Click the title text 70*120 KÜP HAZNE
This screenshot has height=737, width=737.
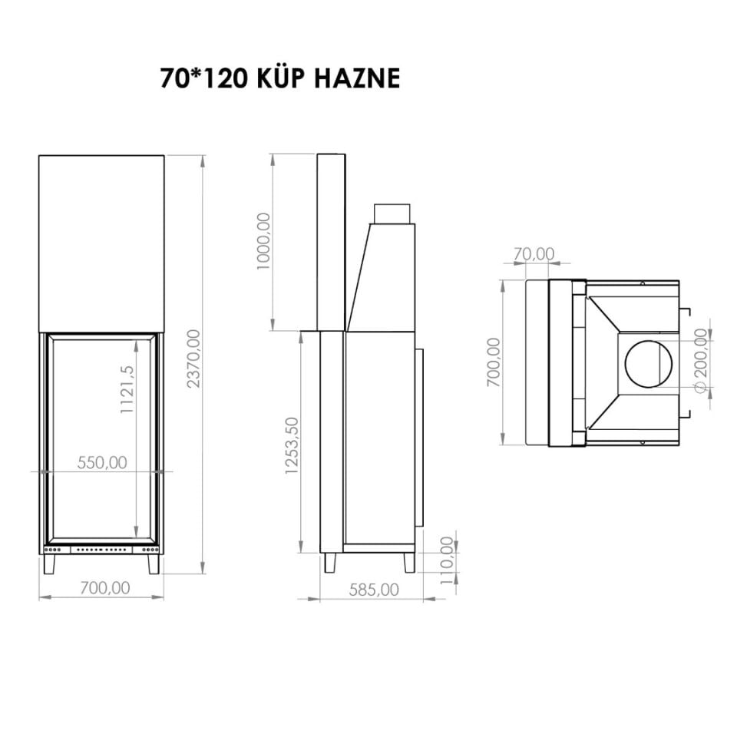coord(279,78)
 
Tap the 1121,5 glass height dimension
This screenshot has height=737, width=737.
coord(127,390)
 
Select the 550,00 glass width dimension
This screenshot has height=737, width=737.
coord(102,462)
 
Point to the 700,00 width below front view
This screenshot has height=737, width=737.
coord(104,588)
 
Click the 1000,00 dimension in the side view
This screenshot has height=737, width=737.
coord(263,240)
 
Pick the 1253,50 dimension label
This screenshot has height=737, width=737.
coord(291,446)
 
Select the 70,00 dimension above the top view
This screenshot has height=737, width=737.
coord(533,253)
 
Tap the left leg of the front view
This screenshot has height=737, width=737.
coord(49,563)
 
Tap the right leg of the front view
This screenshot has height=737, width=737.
coord(154,563)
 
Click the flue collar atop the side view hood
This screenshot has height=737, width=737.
coord(393,213)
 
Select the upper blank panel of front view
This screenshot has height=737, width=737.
coord(101,243)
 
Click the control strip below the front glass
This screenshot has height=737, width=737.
coord(101,550)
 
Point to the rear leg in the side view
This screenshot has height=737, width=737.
coord(409,562)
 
